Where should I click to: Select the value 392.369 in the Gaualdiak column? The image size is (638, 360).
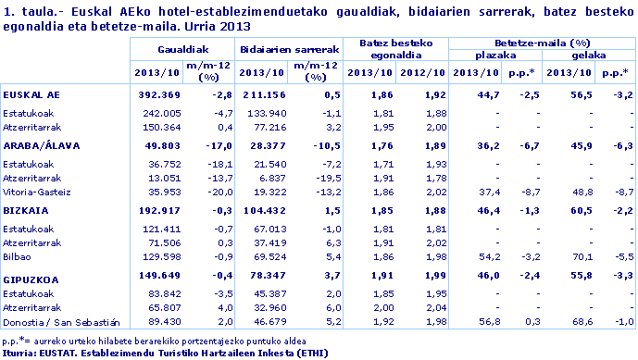162,94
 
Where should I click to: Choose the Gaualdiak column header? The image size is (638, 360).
182,46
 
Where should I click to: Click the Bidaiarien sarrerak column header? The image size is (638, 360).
288,46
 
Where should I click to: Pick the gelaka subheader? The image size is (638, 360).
588,56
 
